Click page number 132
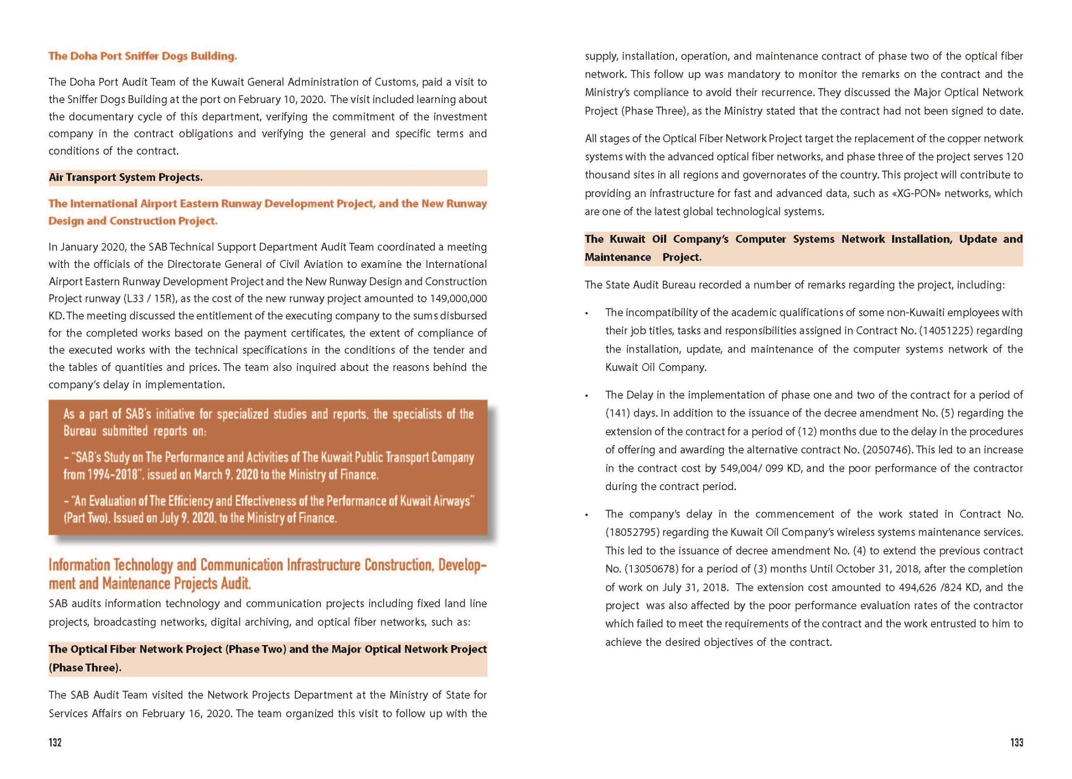[55, 742]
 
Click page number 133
[1017, 742]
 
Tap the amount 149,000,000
[458, 298]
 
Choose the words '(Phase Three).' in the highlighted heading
[85, 667]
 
